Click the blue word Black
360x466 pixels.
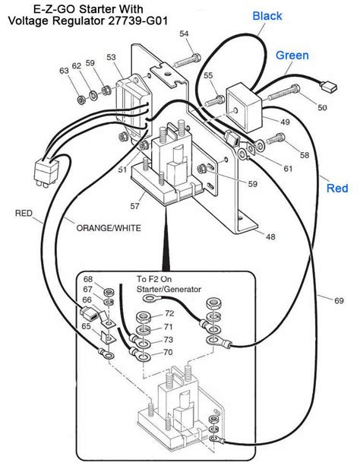267,16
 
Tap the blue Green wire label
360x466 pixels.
292,55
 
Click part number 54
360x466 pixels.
184,34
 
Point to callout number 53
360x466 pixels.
112,58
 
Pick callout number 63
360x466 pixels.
64,71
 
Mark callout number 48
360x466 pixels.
270,237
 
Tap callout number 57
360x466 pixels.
135,206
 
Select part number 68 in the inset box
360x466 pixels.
88,279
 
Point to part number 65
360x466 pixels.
88,327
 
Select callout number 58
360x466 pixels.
305,155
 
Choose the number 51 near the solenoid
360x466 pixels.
122,170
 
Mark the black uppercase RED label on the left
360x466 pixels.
24,214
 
